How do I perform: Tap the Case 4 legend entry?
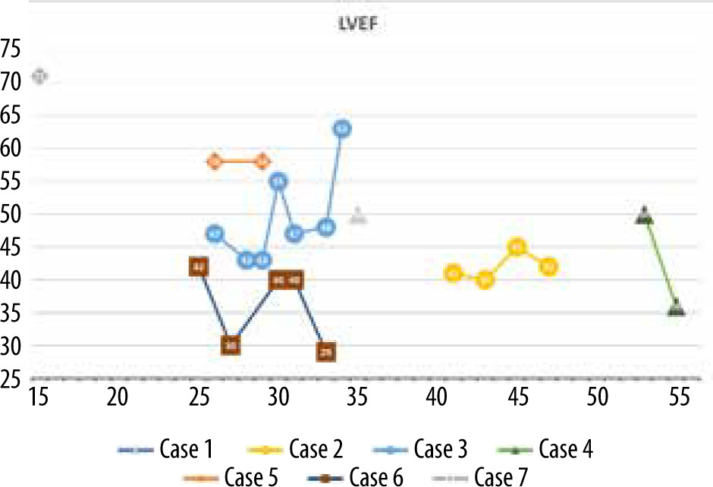(565, 450)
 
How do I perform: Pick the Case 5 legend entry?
(250, 477)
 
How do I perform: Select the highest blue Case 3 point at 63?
(343, 129)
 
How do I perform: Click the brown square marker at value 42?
(199, 267)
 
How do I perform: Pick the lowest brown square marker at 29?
(326, 352)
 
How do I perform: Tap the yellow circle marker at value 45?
(517, 247)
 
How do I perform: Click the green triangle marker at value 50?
(644, 215)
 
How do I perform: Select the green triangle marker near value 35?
(676, 309)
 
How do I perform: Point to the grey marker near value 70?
(39, 76)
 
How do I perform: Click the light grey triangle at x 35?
(359, 217)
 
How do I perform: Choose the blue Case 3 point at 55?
(278, 181)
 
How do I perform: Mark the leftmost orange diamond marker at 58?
(215, 162)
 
